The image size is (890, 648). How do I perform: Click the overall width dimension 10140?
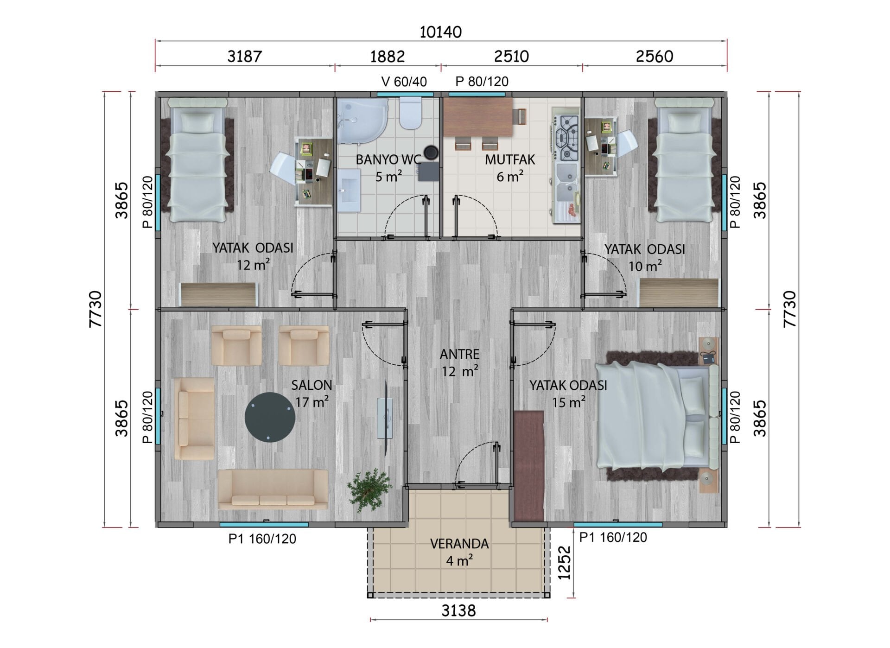(x=441, y=32)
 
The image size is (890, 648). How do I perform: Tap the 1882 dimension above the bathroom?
(x=388, y=57)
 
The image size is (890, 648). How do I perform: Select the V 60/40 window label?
(x=404, y=82)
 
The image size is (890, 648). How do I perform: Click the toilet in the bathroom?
(x=410, y=113)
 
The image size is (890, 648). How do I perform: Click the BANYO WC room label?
(x=388, y=160)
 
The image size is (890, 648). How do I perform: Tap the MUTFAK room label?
(x=510, y=160)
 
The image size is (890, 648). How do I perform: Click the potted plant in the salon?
(x=370, y=489)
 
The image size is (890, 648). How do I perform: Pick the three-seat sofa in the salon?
(x=273, y=489)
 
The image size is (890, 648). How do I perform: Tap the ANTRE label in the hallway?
(x=459, y=355)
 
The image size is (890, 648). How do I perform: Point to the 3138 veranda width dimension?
(x=458, y=611)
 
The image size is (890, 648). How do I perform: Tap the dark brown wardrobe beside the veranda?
(x=528, y=466)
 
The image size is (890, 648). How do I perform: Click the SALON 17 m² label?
(x=311, y=394)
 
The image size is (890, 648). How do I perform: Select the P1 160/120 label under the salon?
(x=262, y=539)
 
